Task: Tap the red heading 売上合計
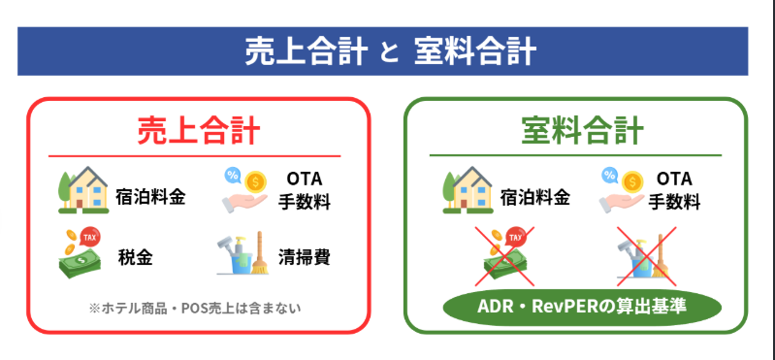point(197,130)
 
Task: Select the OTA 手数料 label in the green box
point(673,190)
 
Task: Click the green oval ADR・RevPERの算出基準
point(582,308)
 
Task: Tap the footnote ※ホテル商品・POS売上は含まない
point(196,309)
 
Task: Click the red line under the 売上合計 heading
point(197,156)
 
